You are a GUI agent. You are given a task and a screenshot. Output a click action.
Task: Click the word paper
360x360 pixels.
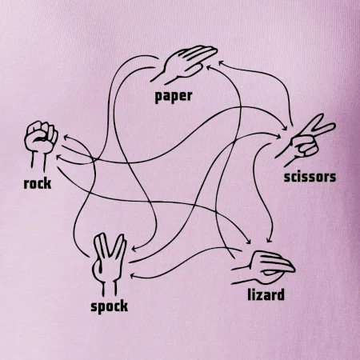(174, 97)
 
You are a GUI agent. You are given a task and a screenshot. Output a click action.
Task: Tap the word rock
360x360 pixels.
(38, 184)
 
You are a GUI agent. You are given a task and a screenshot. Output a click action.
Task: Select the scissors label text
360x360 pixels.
(310, 178)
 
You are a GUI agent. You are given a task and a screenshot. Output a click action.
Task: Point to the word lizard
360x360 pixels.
(266, 295)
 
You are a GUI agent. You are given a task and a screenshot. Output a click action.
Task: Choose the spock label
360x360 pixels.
(109, 306)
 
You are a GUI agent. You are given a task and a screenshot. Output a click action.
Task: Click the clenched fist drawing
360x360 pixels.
(41, 146)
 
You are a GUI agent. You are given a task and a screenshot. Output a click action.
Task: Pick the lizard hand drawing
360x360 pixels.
(262, 268)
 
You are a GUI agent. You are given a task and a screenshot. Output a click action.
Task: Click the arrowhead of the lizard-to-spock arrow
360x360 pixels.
(133, 276)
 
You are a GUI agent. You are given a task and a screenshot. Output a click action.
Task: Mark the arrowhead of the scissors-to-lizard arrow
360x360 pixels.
(270, 240)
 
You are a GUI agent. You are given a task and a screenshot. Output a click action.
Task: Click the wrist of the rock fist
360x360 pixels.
(38, 162)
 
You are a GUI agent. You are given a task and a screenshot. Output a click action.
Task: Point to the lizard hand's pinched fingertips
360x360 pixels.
(290, 268)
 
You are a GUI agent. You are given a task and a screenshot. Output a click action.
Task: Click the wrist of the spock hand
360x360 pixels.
(110, 287)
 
